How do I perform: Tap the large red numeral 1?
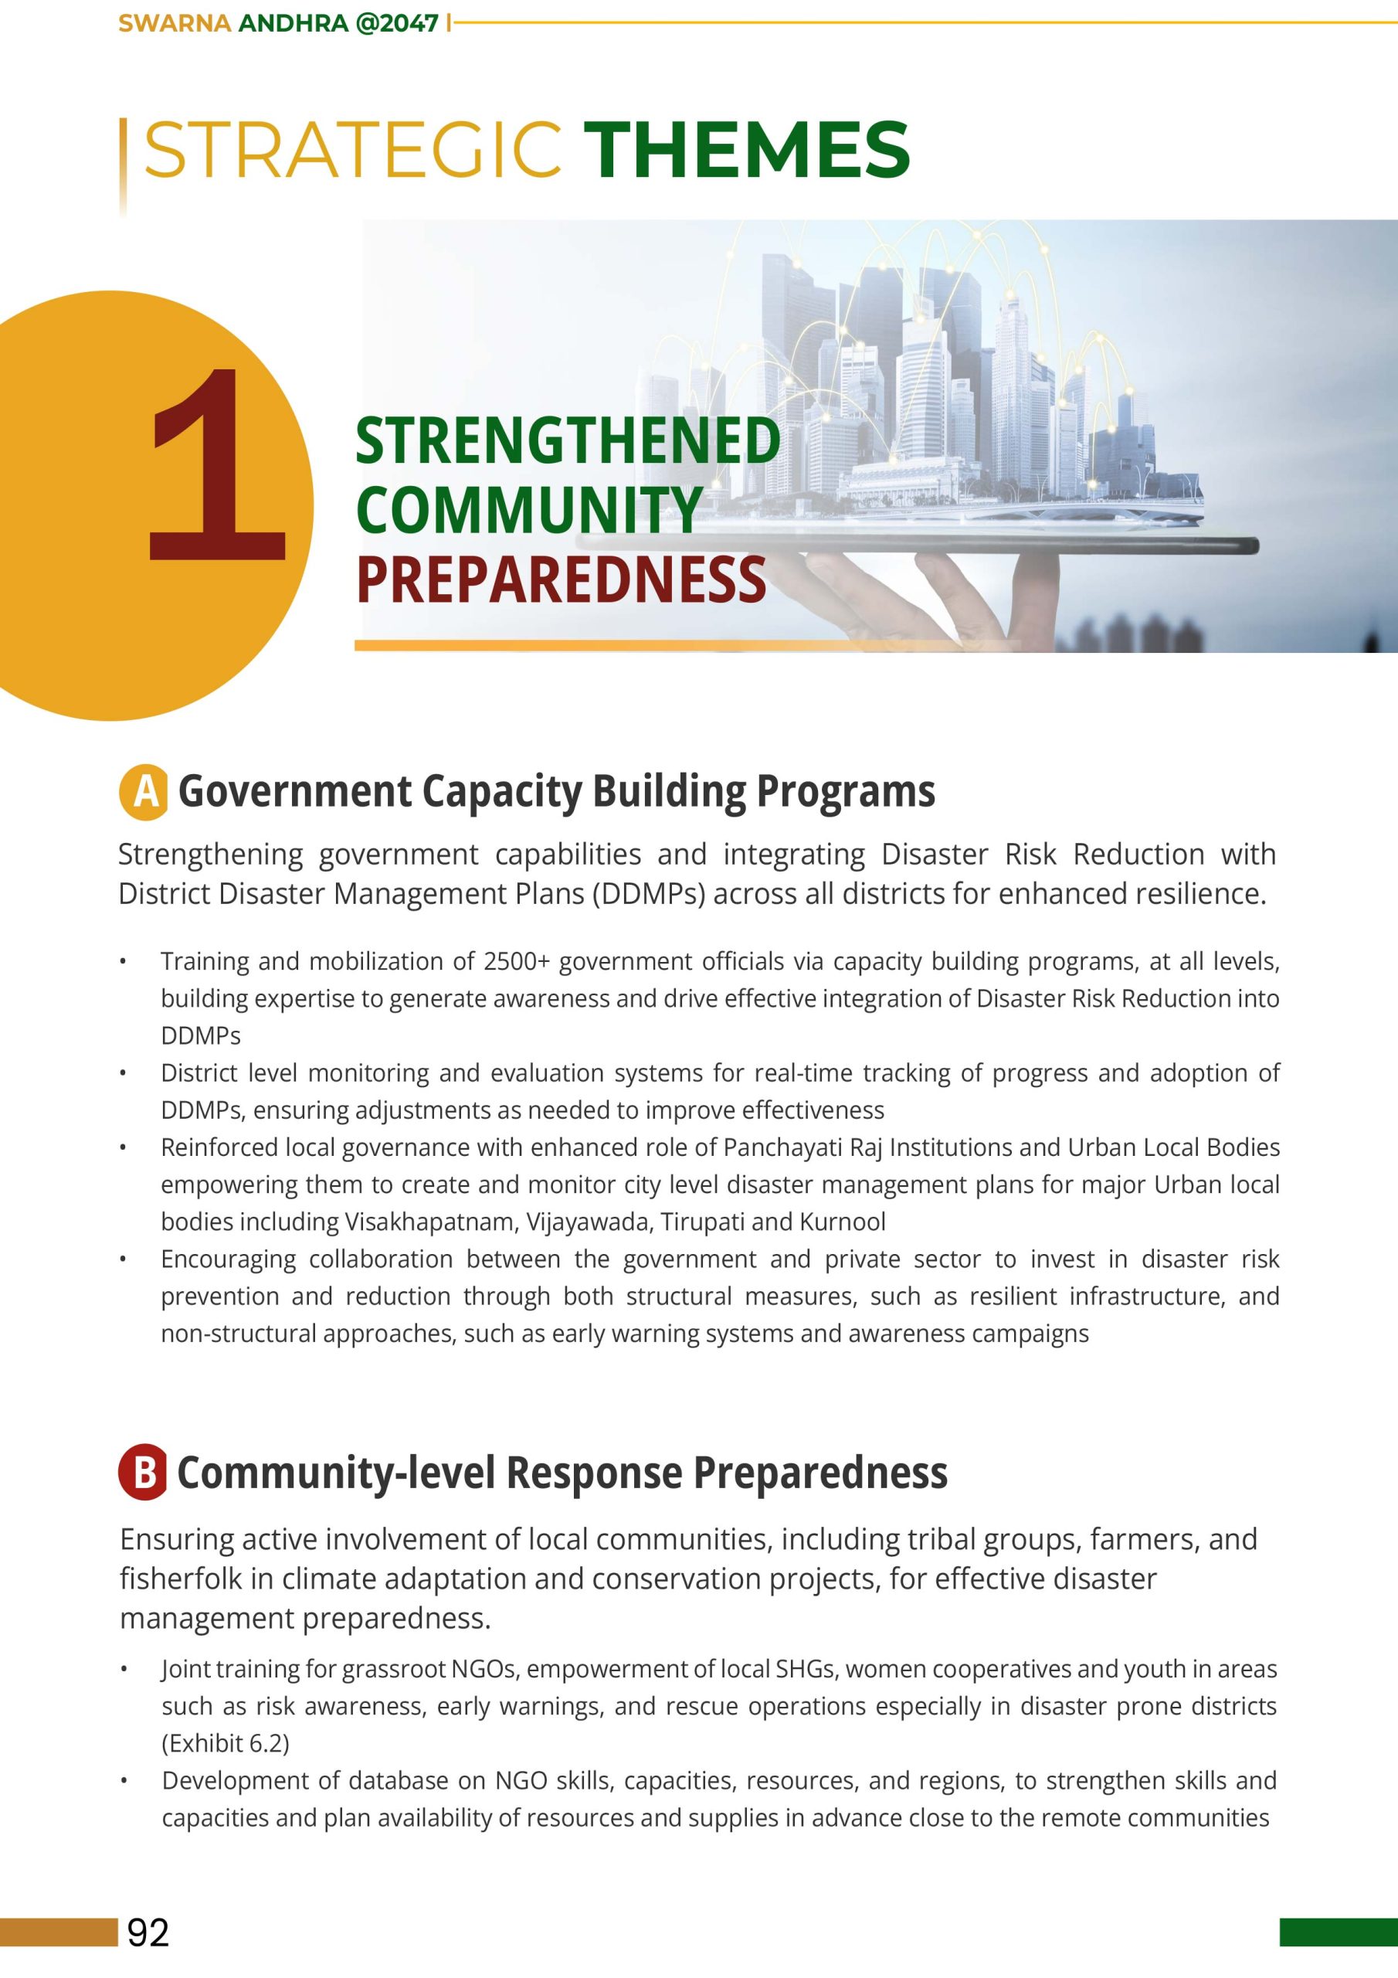coord(216,465)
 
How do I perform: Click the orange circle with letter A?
coord(144,791)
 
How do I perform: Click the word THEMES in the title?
coord(746,150)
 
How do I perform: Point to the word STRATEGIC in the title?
coord(353,150)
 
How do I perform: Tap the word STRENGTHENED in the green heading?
coord(568,441)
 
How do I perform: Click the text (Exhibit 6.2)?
coord(226,1743)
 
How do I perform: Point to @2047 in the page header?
coord(397,23)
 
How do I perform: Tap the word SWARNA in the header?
coord(174,23)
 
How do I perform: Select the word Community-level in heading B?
coord(335,1473)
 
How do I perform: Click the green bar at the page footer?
coord(1338,1932)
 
